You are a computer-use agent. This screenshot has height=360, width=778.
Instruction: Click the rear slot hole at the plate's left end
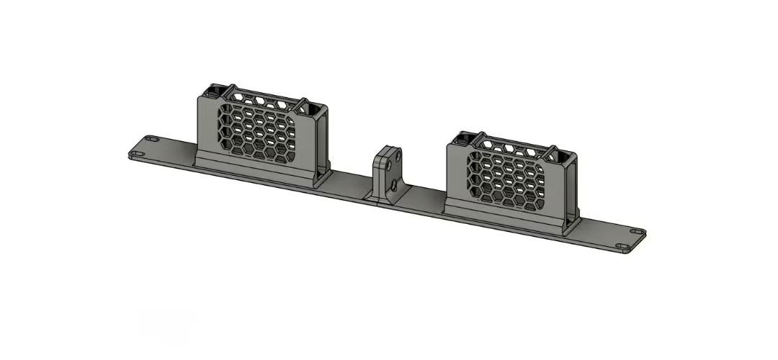pyautogui.click(x=151, y=138)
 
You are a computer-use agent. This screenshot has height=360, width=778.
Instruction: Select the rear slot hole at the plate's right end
pyautogui.click(x=636, y=232)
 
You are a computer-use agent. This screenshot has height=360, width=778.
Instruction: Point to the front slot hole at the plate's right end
pyautogui.click(x=623, y=247)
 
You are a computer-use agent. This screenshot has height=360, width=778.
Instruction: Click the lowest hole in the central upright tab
pyautogui.click(x=393, y=186)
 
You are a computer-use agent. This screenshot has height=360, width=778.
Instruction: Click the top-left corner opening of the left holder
pyautogui.click(x=213, y=91)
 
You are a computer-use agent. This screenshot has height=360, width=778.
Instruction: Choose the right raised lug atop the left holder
pyautogui.click(x=302, y=105)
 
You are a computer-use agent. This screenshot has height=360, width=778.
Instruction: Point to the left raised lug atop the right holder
pyautogui.click(x=481, y=137)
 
